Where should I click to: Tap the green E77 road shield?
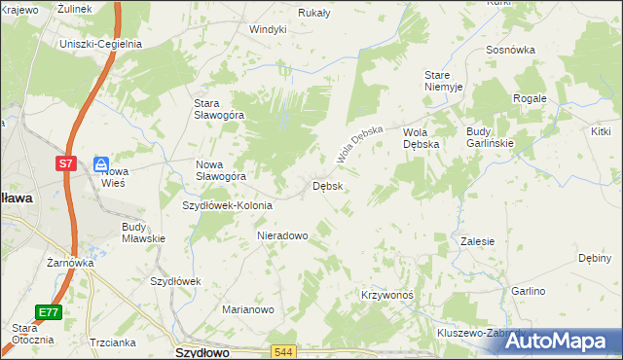[x=49, y=312]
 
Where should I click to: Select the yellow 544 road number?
[x=283, y=351]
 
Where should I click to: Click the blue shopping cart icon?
[x=101, y=164]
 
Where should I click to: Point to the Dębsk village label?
[x=327, y=186]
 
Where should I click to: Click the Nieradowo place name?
[x=282, y=235]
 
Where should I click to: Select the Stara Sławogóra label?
[x=219, y=109]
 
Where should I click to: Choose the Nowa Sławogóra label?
[x=221, y=170]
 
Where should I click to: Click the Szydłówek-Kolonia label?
[x=228, y=205]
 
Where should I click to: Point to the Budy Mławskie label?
[x=143, y=233]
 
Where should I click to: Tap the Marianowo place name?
[x=248, y=309]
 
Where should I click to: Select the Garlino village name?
[x=529, y=291]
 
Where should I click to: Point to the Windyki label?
[x=268, y=29]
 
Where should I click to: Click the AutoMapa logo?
[x=559, y=342]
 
